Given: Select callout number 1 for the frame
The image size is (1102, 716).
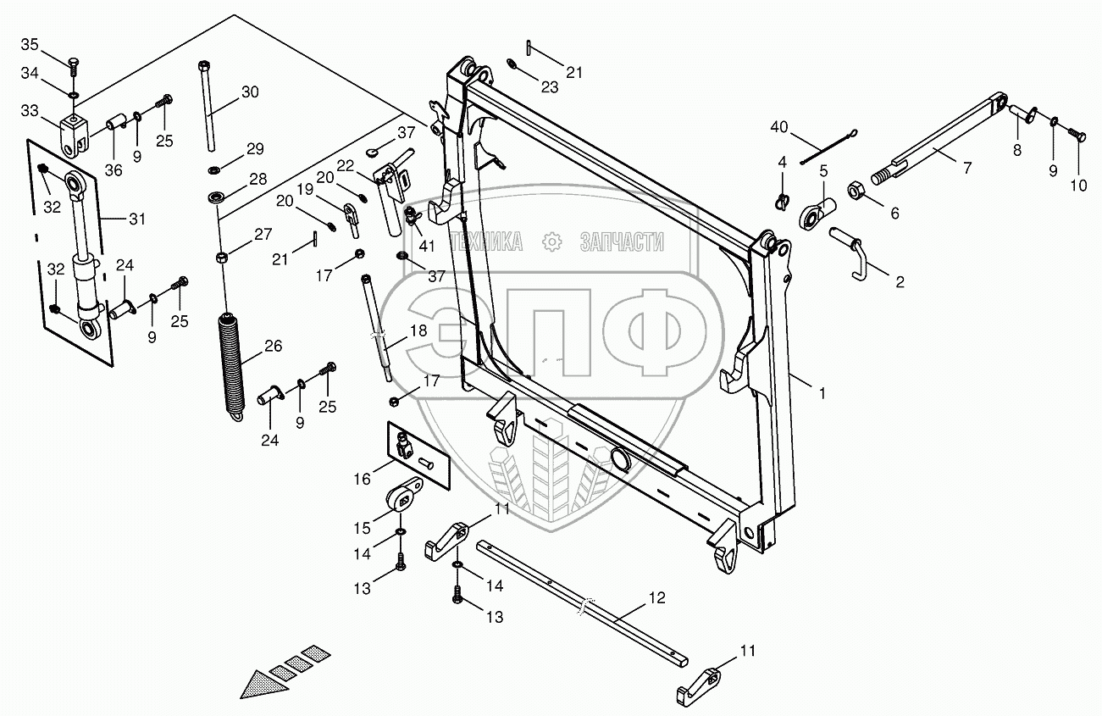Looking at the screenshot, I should (820, 392).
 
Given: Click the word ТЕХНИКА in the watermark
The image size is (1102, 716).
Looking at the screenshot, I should (488, 243).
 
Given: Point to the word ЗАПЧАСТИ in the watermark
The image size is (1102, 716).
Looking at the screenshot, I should (621, 243).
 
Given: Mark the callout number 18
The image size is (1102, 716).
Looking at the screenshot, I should (418, 331).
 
